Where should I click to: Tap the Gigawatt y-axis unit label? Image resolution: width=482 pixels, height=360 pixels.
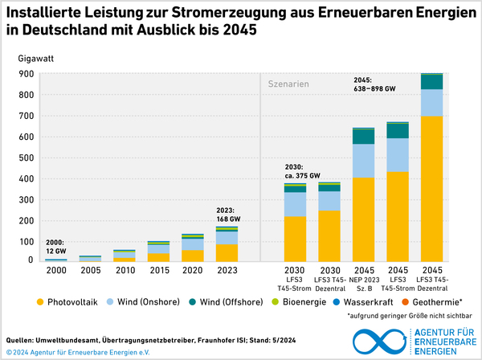(38, 59)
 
